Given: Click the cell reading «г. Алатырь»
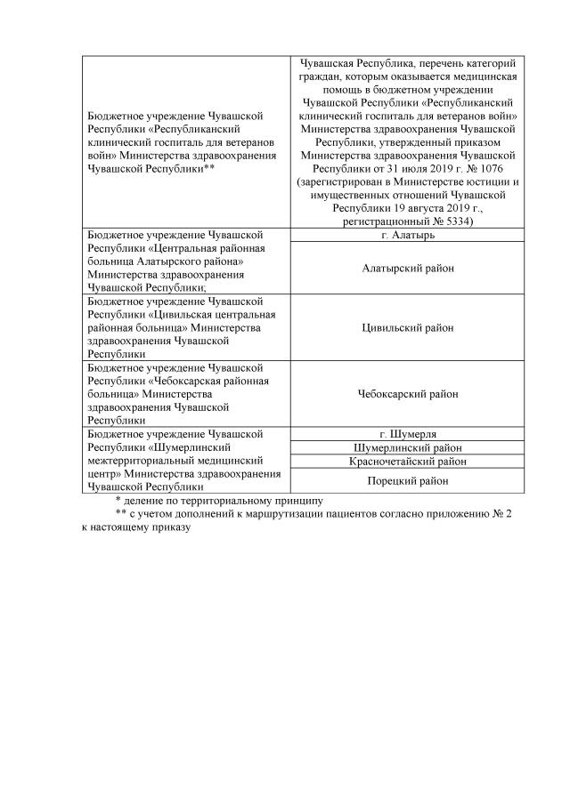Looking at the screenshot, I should [406, 235].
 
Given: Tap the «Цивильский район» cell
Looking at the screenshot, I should [406, 327].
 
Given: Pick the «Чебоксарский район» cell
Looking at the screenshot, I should [406, 394].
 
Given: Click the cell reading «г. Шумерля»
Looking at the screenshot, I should [406, 434].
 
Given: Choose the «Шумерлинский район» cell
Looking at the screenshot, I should [406, 447].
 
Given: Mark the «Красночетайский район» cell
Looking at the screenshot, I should [406, 462].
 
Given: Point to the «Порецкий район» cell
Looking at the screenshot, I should [406, 480].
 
